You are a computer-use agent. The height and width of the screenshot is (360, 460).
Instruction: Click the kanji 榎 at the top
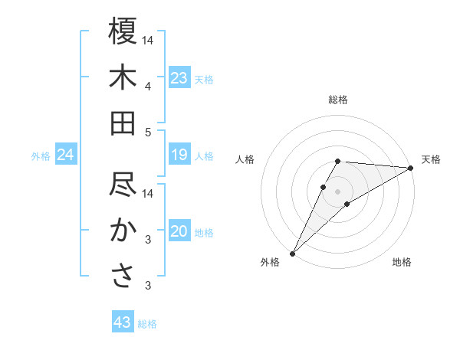(x=123, y=31)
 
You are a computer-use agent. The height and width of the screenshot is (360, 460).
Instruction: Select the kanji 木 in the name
(x=123, y=77)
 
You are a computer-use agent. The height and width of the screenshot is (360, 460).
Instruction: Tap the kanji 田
(x=123, y=123)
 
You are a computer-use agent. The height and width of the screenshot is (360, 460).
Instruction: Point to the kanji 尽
(x=123, y=185)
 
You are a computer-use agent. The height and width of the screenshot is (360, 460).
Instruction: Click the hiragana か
(x=123, y=231)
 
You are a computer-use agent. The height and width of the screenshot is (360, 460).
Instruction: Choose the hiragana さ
(x=123, y=277)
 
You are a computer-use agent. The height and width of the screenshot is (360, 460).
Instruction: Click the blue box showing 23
(x=179, y=78)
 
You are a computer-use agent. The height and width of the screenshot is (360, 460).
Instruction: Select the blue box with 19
(x=179, y=155)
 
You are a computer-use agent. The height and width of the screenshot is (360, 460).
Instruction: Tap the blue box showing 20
(x=179, y=231)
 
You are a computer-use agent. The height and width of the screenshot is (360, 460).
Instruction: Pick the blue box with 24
(x=66, y=155)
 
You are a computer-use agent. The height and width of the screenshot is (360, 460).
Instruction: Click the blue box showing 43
(x=123, y=322)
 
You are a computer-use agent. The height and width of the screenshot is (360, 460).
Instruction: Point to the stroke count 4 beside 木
(x=148, y=87)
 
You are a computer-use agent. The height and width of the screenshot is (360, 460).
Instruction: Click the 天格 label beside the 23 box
(x=204, y=79)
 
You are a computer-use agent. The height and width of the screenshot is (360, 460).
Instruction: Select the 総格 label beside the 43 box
(x=147, y=323)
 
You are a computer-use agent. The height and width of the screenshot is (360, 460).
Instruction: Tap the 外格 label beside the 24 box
(x=41, y=156)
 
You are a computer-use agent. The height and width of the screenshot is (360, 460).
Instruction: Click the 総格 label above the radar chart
(x=337, y=100)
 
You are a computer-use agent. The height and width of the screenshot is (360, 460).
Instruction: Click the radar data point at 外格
(x=292, y=252)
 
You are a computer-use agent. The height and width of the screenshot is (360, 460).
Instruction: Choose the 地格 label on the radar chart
(x=402, y=263)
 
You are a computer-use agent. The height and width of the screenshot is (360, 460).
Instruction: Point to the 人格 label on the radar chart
(x=245, y=159)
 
